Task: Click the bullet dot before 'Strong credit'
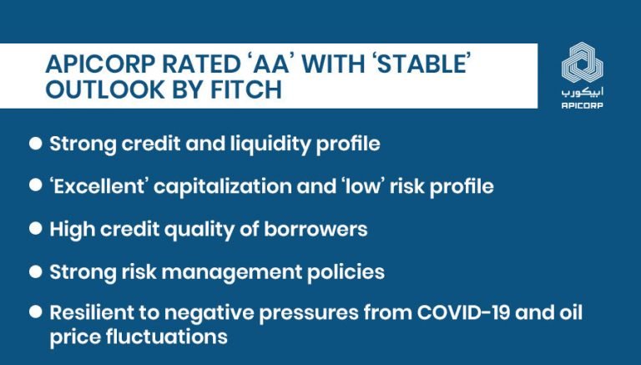pos(36,144)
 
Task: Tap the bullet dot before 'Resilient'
pos(36,313)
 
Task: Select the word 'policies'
pos(347,272)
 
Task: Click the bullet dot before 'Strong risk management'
pos(36,272)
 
